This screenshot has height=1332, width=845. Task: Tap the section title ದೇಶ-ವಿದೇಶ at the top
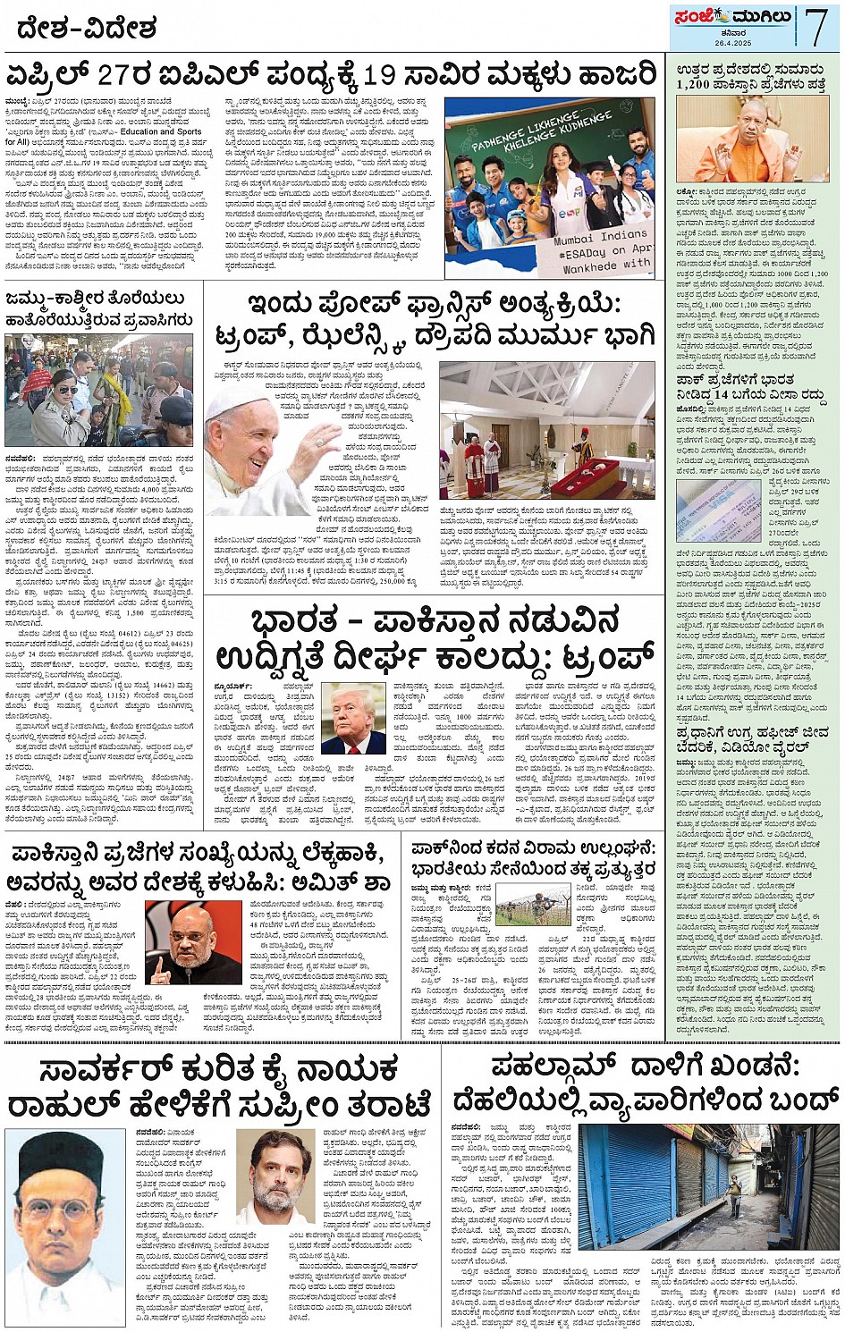pyautogui.click(x=87, y=28)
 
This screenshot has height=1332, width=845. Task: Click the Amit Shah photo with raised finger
pyautogui.click(x=193, y=941)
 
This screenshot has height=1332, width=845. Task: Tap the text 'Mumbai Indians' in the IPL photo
pyautogui.click(x=600, y=239)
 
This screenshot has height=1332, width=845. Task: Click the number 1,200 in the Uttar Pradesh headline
pyautogui.click(x=692, y=85)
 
